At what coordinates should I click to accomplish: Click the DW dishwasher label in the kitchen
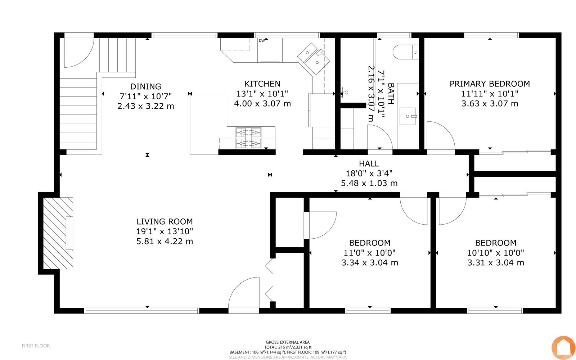pyautogui.click(x=261, y=41)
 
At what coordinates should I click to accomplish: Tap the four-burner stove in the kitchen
pyautogui.click(x=248, y=138)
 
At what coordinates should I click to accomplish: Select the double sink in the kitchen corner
pyautogui.click(x=314, y=59)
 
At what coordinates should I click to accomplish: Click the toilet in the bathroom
pyautogui.click(x=406, y=52)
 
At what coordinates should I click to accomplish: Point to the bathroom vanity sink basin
pyautogui.click(x=408, y=116)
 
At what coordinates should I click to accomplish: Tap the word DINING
pyautogui.click(x=145, y=86)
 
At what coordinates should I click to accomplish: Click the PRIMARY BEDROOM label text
pyautogui.click(x=490, y=84)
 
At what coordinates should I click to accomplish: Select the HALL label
pyautogui.click(x=369, y=163)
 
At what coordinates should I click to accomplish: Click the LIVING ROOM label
pyautogui.click(x=165, y=221)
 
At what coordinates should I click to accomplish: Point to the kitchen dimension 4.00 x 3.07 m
pyautogui.click(x=262, y=104)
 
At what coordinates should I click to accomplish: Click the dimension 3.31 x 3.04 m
pyautogui.click(x=495, y=262)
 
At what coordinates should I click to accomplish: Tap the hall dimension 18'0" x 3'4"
pyautogui.click(x=369, y=173)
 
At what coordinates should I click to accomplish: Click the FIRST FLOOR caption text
pyautogui.click(x=36, y=346)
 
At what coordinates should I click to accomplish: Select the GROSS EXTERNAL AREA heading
pyautogui.click(x=288, y=342)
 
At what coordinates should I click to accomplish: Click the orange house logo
pyautogui.click(x=563, y=348)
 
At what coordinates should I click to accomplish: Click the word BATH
pyautogui.click(x=391, y=94)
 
